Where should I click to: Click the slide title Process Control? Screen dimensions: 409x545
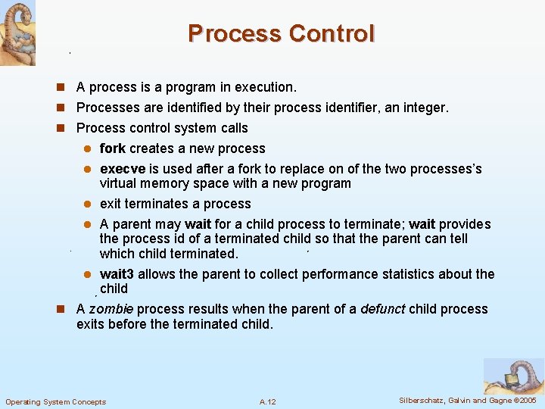[281, 34]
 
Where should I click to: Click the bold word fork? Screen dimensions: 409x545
[114, 148]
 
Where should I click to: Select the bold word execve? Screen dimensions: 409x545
[122, 169]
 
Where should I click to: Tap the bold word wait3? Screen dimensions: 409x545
[117, 274]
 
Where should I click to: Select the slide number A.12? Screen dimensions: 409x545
[267, 401]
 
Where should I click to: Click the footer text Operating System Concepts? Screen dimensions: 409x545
[56, 401]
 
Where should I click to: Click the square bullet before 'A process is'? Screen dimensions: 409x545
[67, 88]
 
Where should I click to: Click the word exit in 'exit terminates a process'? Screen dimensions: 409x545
[111, 204]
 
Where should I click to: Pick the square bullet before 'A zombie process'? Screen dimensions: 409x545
[67, 309]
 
